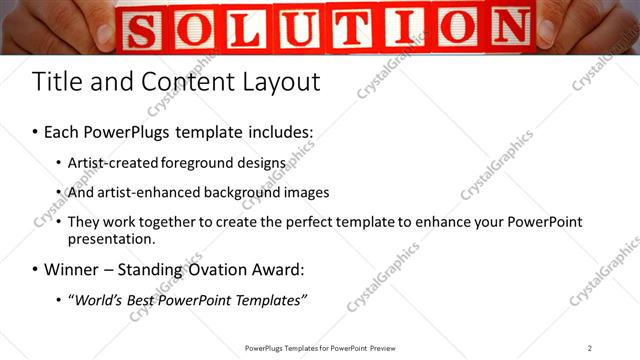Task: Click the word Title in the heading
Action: tap(58, 81)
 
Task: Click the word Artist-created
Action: tap(112, 162)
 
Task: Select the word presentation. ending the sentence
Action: tap(112, 239)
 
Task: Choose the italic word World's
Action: tap(100, 301)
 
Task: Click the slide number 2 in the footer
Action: tap(589, 348)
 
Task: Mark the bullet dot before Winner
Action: tap(36, 270)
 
